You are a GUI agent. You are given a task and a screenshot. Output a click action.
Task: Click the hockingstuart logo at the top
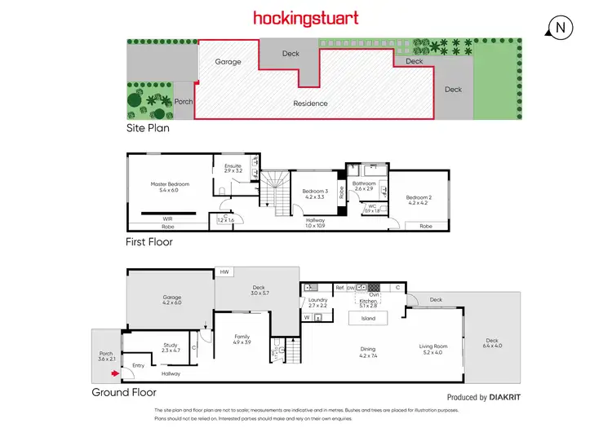coord(306,17)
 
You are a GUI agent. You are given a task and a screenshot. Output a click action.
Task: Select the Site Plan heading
coord(148,127)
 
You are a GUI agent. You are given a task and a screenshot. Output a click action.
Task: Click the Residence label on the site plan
coord(311,104)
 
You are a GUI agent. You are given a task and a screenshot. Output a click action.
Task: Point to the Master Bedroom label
coord(170,187)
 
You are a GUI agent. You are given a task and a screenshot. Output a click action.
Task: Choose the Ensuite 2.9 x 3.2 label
coord(233,169)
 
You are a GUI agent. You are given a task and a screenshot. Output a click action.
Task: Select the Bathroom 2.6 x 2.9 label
coord(364,187)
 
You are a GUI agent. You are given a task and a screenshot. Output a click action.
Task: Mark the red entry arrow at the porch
coord(115,374)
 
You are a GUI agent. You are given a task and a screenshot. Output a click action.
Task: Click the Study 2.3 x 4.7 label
coord(171,348)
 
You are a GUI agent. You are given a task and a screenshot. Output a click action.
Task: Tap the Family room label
coord(242,339)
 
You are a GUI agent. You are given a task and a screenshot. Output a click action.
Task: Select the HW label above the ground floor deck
coord(222,273)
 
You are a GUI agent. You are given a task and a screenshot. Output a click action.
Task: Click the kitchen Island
coord(368,319)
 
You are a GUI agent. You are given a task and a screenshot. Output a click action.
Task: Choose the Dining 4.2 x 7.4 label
coord(367,353)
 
